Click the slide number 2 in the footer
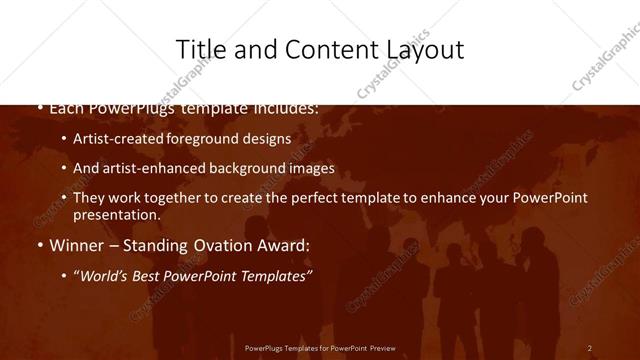tap(589, 348)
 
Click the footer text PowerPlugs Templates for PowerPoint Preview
tap(320, 348)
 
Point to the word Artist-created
tap(113, 139)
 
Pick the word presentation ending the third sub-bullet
tap(116, 215)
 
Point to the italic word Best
tap(151, 275)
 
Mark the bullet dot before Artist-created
tap(64, 140)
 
